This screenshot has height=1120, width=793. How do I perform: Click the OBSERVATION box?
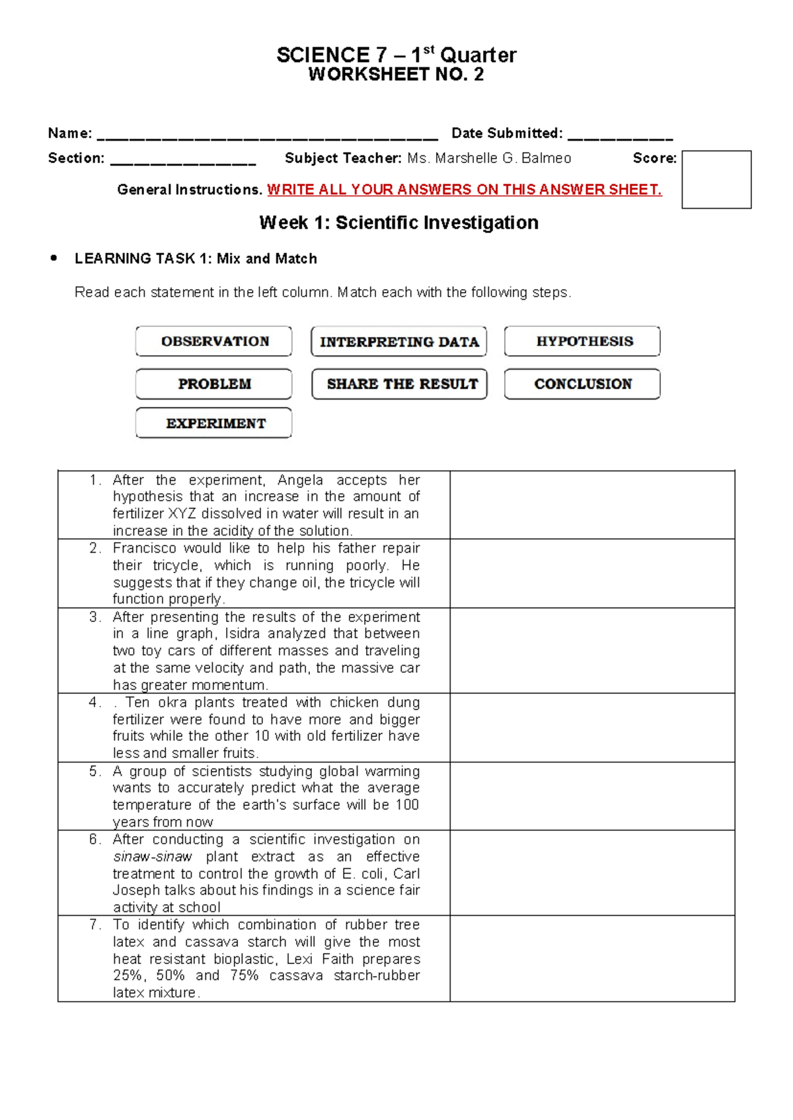pos(214,341)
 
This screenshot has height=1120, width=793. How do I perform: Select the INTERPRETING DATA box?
pos(399,341)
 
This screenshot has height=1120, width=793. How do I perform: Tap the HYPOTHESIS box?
pos(583,341)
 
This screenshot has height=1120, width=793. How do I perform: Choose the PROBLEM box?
pos(214,384)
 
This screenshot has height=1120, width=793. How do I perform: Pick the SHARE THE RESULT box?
pos(399,384)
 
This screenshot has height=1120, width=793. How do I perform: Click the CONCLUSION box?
pos(583,384)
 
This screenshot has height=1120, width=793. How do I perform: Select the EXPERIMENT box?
pos(214,423)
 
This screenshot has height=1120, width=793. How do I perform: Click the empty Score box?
pos(716,180)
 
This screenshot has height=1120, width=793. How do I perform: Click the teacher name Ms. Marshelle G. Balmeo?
pos(489,158)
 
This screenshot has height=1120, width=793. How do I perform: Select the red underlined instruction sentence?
pos(464,190)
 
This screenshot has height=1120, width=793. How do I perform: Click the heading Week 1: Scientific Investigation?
pos(398,223)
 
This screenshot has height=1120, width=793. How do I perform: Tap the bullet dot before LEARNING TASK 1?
pos(54,258)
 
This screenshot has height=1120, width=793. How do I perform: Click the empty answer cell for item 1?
pos(592,505)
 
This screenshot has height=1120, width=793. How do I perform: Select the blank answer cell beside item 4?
pos(592,727)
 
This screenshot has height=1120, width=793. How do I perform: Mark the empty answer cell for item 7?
pos(592,958)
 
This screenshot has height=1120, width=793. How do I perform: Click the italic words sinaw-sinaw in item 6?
pos(153,857)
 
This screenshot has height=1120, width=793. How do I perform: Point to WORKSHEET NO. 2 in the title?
pos(396,75)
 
